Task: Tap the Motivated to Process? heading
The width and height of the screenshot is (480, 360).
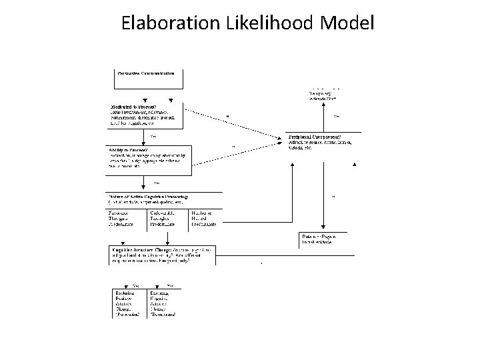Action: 134,105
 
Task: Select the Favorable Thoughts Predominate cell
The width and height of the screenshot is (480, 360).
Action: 124,219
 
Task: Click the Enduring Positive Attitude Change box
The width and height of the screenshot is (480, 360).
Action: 126,303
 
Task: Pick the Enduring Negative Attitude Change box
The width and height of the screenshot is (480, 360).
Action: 164,303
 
